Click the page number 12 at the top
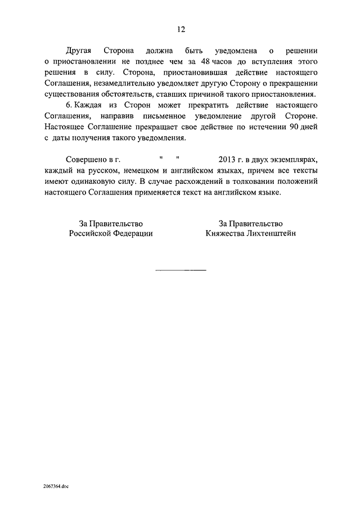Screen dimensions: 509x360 [180, 30]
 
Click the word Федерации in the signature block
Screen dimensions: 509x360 [132, 233]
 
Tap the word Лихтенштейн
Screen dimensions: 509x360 [271, 233]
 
